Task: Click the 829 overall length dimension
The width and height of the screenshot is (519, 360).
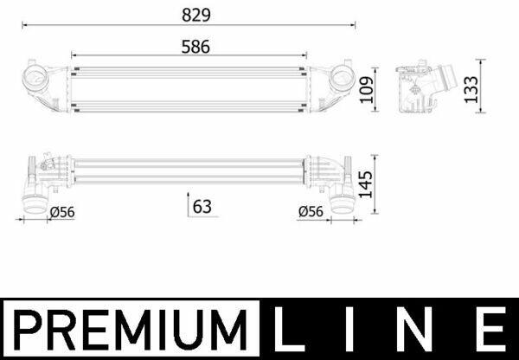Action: click(196, 15)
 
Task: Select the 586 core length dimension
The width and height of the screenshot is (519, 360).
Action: click(195, 47)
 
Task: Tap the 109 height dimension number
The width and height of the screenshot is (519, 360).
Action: click(367, 90)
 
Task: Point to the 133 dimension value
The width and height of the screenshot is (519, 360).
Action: click(471, 89)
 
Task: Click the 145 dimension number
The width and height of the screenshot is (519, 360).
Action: click(366, 184)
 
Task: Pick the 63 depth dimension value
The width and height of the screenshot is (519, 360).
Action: click(202, 207)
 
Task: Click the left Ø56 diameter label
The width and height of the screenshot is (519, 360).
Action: click(62, 212)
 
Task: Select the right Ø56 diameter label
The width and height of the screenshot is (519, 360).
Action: click(311, 212)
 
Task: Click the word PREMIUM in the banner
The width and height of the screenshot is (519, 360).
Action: click(131, 330)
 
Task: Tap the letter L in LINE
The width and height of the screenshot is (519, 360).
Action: click(289, 329)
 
